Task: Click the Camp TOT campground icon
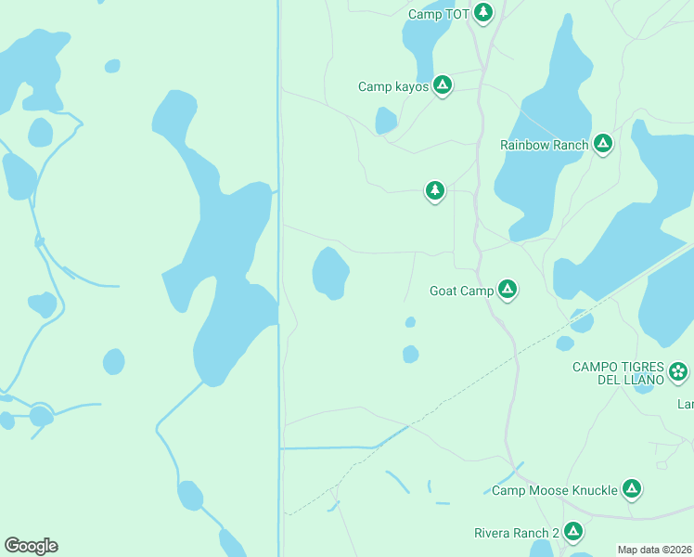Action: [482, 12]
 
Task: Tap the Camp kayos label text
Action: [393, 86]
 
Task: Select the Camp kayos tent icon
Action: [443, 85]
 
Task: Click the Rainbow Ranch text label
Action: [544, 145]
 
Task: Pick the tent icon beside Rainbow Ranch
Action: [603, 143]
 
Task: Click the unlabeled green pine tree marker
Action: [434, 190]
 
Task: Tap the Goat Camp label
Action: [461, 291]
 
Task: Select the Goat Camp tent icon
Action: [507, 290]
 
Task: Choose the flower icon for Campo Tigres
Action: [678, 372]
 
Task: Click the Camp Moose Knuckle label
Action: [554, 490]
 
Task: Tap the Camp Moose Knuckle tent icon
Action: [631, 488]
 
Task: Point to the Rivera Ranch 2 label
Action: [516, 533]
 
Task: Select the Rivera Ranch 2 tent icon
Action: [572, 531]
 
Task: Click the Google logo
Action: [31, 546]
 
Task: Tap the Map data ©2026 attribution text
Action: [654, 550]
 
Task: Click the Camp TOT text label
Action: [439, 14]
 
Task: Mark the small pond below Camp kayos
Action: [386, 121]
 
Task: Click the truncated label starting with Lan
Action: [685, 404]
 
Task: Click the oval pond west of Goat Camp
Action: [330, 274]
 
